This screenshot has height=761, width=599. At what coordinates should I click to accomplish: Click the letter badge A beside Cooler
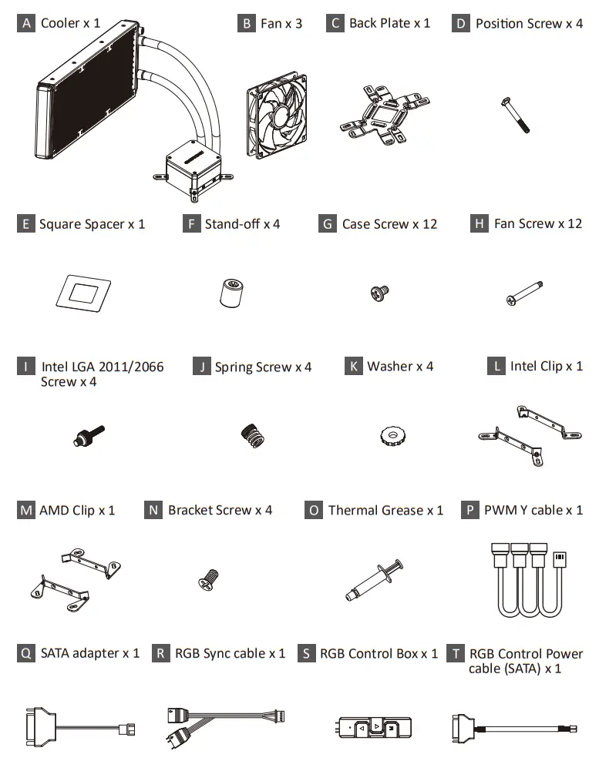coord(27,23)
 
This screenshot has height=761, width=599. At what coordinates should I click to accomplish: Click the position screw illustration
coord(516,116)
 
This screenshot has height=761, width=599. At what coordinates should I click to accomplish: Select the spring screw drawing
coord(252,437)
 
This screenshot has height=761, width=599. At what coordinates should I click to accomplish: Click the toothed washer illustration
coord(393,437)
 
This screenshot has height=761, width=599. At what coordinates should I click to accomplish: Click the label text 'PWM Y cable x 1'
coord(533,510)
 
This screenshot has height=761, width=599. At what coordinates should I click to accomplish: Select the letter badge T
coord(457,653)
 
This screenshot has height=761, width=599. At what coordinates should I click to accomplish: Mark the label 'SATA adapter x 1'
coord(89,653)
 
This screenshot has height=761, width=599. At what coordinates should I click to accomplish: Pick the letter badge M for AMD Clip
coord(26,510)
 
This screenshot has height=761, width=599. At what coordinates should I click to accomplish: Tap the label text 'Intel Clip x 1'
coord(546,366)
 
